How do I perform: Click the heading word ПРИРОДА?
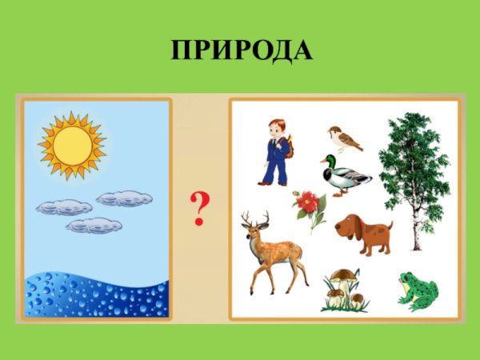click(x=241, y=50)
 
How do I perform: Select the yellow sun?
click(x=72, y=145)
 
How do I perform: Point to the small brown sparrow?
click(x=345, y=138)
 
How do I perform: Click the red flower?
click(x=308, y=204)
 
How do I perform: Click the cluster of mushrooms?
click(x=345, y=290)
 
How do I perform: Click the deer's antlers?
click(x=255, y=218)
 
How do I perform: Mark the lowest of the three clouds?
click(x=94, y=226)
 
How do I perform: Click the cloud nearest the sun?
click(x=124, y=198)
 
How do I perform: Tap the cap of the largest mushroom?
click(x=344, y=275)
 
